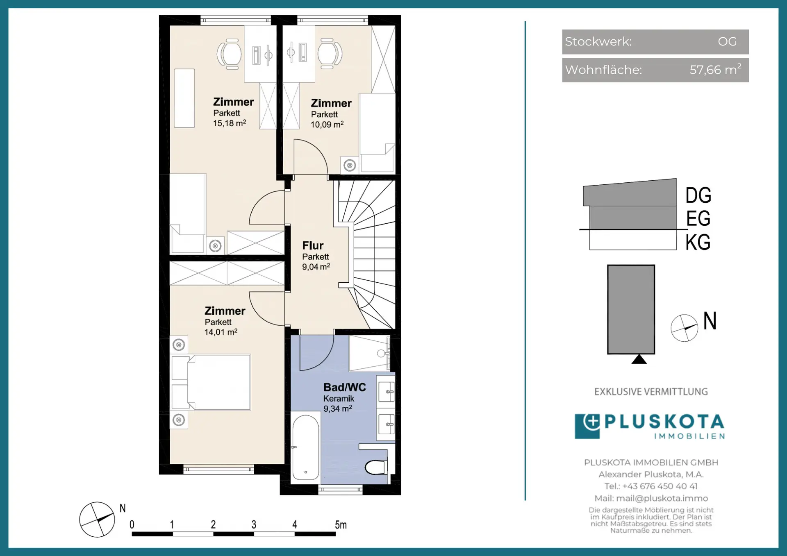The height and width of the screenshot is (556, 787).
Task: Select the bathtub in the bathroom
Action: [305, 447]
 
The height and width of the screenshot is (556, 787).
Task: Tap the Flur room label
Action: [313, 245]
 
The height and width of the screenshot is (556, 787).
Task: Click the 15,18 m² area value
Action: [230, 123]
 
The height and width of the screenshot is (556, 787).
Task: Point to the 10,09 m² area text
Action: [327, 124]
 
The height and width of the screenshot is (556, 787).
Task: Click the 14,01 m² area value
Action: [221, 332]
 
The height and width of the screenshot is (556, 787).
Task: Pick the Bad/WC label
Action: [345, 387]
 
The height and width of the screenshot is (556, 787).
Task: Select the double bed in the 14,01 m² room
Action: [211, 382]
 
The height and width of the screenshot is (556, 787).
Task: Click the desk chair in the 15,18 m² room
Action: [229, 54]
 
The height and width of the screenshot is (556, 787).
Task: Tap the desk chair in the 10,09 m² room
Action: [330, 53]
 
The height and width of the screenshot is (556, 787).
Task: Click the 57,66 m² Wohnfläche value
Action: [715, 69]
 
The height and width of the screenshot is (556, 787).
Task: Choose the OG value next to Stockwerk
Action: [727, 41]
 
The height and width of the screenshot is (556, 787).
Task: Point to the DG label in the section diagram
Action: [698, 195]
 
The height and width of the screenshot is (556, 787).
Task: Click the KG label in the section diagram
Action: [698, 242]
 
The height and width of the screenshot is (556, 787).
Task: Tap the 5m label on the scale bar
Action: [341, 524]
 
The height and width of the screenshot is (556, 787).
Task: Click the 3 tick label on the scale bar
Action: [254, 524]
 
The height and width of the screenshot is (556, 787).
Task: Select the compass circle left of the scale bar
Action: [97, 520]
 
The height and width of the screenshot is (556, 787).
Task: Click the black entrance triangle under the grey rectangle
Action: [639, 359]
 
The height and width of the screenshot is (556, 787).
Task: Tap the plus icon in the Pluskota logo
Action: [591, 422]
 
